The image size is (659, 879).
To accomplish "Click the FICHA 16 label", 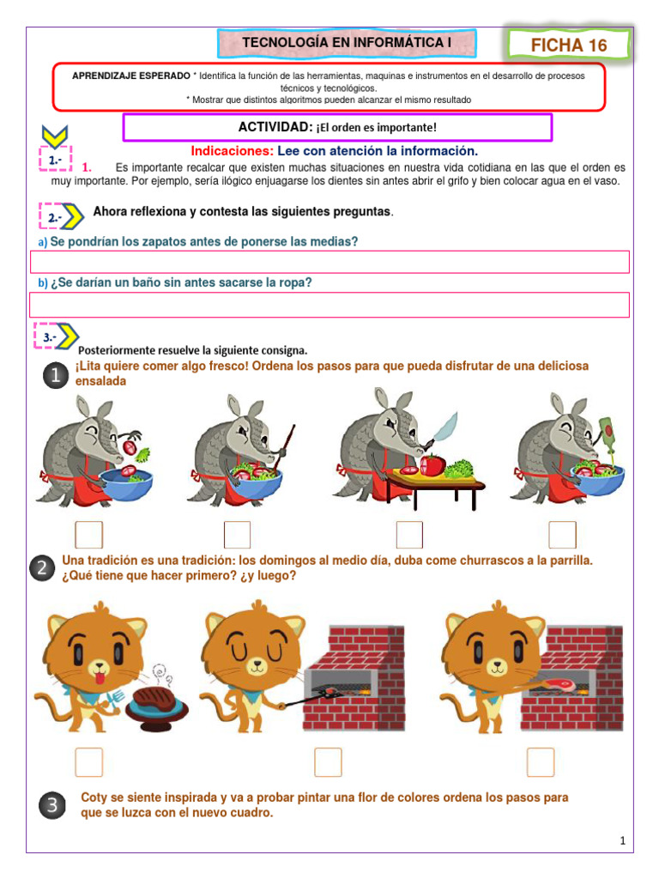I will point(568,45).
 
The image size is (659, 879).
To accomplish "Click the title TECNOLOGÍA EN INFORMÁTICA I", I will point(347,43).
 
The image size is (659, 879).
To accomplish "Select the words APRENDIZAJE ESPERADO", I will point(131,76).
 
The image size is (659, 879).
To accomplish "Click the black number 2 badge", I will point(41,568).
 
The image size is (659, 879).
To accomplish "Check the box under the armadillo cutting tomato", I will point(409,534).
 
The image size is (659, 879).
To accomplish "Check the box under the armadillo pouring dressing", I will point(562,534).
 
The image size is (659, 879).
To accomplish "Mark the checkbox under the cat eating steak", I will point(88,761).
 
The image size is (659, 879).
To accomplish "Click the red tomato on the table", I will point(432,464).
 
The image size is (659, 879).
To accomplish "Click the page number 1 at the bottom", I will point(623,842).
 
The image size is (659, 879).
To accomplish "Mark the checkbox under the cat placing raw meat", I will point(541,761).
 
